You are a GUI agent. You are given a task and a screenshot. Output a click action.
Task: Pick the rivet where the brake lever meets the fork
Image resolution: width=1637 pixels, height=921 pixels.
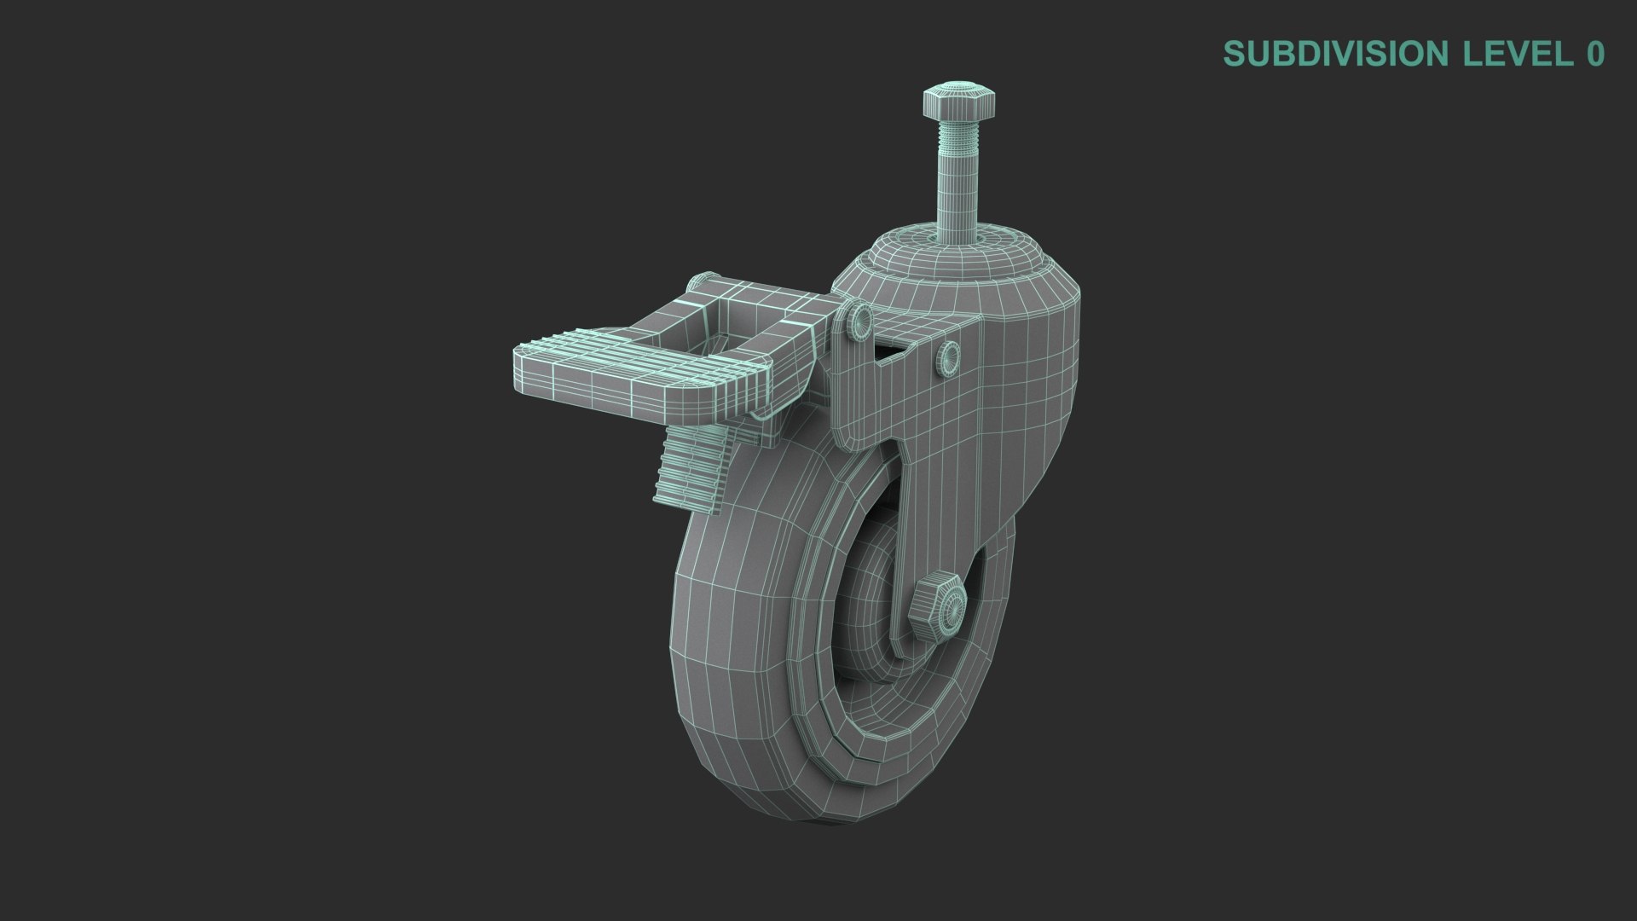coord(856,321)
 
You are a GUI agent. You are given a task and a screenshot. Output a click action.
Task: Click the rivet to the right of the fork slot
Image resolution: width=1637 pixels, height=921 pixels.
coord(947,356)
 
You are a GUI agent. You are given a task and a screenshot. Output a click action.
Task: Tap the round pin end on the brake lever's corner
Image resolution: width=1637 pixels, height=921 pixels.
coord(703,281)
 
